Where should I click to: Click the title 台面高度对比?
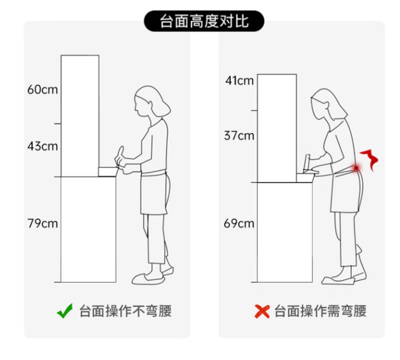tap(204, 21)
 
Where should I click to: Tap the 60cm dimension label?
tap(43, 89)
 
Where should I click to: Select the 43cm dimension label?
tap(43, 146)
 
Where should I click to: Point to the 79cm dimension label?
tap(43, 223)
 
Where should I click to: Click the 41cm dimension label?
tap(239, 81)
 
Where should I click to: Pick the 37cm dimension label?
tap(239, 135)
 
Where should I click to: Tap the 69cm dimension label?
tap(239, 223)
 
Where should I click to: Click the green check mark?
tap(65, 311)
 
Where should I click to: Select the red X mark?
tap(262, 311)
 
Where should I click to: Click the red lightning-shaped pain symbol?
tap(370, 160)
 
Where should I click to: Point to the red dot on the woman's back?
tap(356, 168)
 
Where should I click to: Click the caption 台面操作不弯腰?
tap(126, 311)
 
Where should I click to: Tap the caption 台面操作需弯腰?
tap(320, 311)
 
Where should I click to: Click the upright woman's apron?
tap(154, 193)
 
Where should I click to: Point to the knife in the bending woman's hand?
tap(306, 163)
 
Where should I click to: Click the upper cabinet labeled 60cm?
tap(80, 116)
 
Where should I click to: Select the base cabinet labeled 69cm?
tap(285, 232)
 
